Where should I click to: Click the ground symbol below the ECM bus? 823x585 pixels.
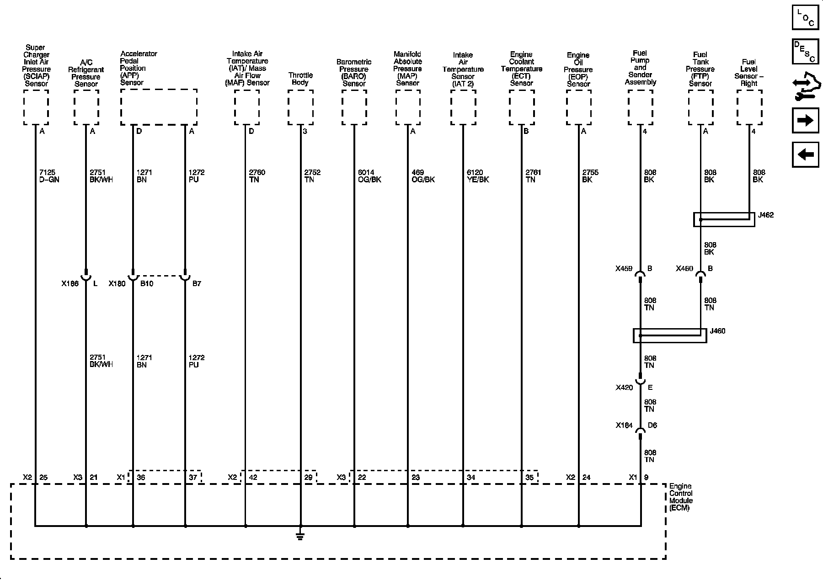[300, 535]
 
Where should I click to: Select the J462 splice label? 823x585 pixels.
[766, 215]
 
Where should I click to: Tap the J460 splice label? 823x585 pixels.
[717, 331]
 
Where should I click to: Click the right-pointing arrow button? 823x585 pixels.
[805, 121]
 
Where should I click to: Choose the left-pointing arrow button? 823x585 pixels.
[805, 154]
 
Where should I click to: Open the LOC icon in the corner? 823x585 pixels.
[805, 17]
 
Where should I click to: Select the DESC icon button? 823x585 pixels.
[805, 51]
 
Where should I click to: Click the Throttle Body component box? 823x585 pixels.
[300, 107]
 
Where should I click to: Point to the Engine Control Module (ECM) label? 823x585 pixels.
[681, 497]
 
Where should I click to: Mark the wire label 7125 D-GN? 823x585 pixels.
[49, 176]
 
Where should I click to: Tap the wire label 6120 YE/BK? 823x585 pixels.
[478, 176]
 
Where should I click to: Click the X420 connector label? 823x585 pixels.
[624, 388]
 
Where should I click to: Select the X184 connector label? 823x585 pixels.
[624, 425]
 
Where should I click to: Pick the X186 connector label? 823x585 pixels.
[70, 283]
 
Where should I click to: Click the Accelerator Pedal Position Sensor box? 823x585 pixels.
[159, 107]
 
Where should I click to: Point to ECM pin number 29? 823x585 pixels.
[308, 478]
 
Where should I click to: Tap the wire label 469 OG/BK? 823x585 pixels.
[423, 176]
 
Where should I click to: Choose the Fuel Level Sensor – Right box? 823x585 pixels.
[749, 107]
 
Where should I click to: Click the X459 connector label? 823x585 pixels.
[624, 269]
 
